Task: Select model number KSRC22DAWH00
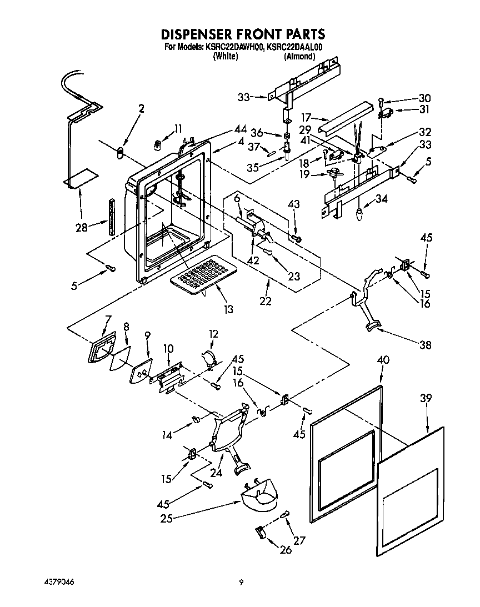pyautogui.click(x=234, y=47)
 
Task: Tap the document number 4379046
pyautogui.click(x=59, y=581)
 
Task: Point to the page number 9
pyautogui.click(x=241, y=582)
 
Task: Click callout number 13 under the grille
pyautogui.click(x=227, y=309)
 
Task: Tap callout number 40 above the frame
pyautogui.click(x=383, y=360)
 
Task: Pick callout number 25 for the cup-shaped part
pyautogui.click(x=166, y=519)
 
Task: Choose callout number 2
pyautogui.click(x=141, y=109)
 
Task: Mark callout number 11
pyautogui.click(x=177, y=129)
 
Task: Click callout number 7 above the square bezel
pyautogui.click(x=108, y=319)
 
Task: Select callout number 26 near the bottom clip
pyautogui.click(x=286, y=550)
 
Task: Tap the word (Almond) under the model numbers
pyautogui.click(x=299, y=56)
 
